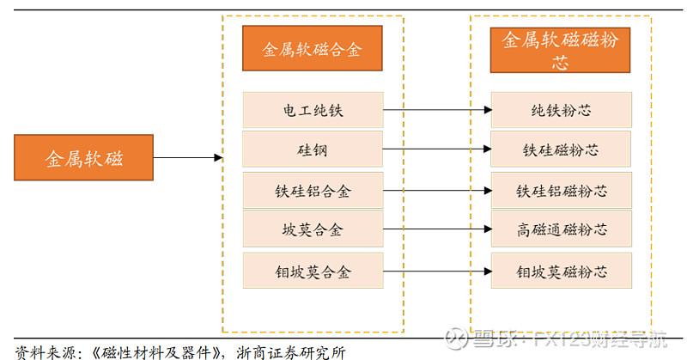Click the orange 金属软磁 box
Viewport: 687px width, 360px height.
pos(83,158)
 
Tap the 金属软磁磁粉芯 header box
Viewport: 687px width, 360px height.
pos(560,50)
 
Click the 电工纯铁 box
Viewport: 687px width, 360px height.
pos(312,110)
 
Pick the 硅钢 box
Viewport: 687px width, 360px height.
pos(312,150)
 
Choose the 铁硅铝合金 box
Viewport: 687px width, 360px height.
pos(312,191)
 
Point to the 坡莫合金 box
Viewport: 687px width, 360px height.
pos(312,229)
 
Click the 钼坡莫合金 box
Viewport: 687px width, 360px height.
pos(312,271)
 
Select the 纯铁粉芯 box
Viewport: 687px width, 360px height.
pos(560,110)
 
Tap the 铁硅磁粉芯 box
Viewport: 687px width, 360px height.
pos(560,150)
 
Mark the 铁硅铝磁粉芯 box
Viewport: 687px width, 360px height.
pos(560,191)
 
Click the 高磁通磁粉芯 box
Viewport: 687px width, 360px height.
pos(560,229)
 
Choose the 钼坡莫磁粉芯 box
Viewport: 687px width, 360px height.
pos(560,271)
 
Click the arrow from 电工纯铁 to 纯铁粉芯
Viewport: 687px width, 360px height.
pos(436,110)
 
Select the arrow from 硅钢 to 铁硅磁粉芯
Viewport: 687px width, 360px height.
pos(436,150)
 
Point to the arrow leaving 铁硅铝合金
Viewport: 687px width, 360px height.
pos(436,191)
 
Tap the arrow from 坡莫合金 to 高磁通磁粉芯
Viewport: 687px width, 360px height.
pos(436,229)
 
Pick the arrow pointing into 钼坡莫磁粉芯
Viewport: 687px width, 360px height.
pos(436,271)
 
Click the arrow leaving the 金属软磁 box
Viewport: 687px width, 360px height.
pos(187,158)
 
